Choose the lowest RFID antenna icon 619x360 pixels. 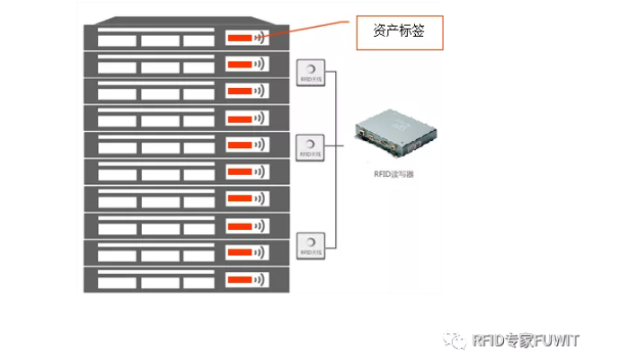309,242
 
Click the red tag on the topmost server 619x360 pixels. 238,38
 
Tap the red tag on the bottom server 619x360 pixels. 238,278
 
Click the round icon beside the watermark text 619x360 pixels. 460,339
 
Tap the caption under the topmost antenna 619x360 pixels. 309,83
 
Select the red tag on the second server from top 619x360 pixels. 238,65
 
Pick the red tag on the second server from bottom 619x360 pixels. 238,251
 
